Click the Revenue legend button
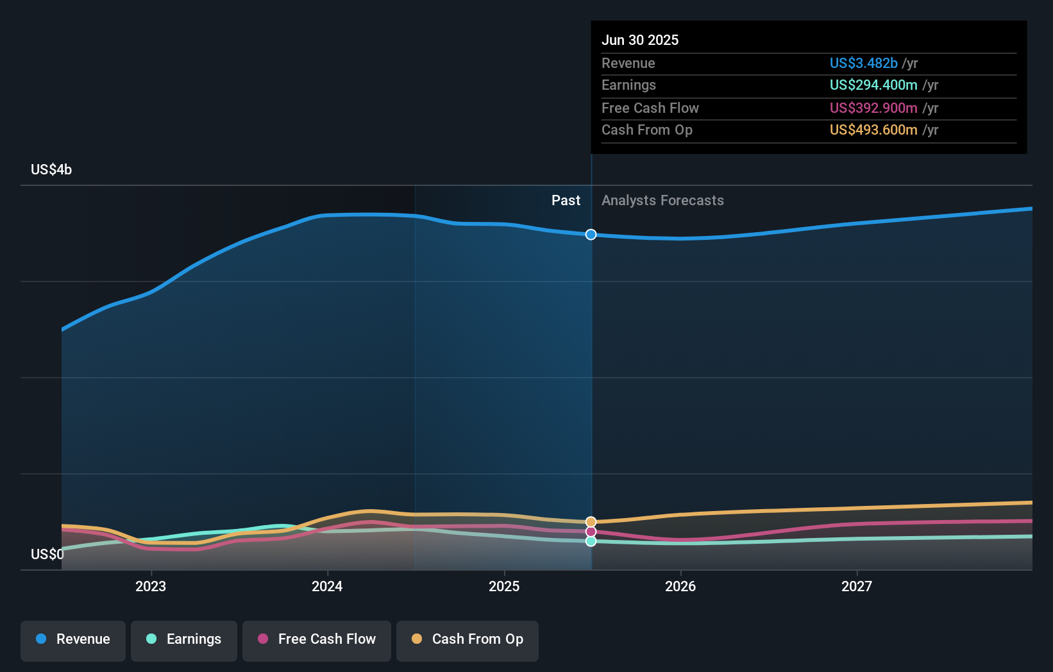pyautogui.click(x=73, y=639)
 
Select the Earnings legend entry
pyautogui.click(x=184, y=639)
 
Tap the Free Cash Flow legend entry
pyautogui.click(x=317, y=639)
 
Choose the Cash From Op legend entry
pyautogui.click(x=468, y=639)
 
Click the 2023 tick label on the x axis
pyautogui.click(x=151, y=586)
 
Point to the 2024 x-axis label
pyautogui.click(x=327, y=586)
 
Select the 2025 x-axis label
pyautogui.click(x=504, y=586)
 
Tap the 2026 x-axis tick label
pyautogui.click(x=680, y=586)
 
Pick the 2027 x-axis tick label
pyautogui.click(x=857, y=586)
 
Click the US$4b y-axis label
pyautogui.click(x=51, y=170)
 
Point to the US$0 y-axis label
pyautogui.click(x=47, y=554)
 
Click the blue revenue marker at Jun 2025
pyautogui.click(x=591, y=235)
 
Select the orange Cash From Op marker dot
pyautogui.click(x=591, y=522)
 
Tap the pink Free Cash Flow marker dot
pyautogui.click(x=591, y=532)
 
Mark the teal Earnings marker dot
pyautogui.click(x=591, y=541)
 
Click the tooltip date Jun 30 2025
pyautogui.click(x=639, y=40)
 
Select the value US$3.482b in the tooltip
pyautogui.click(x=863, y=63)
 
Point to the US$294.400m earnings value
pyautogui.click(x=873, y=85)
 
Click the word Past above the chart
pyautogui.click(x=566, y=201)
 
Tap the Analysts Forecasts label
pyautogui.click(x=662, y=201)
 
